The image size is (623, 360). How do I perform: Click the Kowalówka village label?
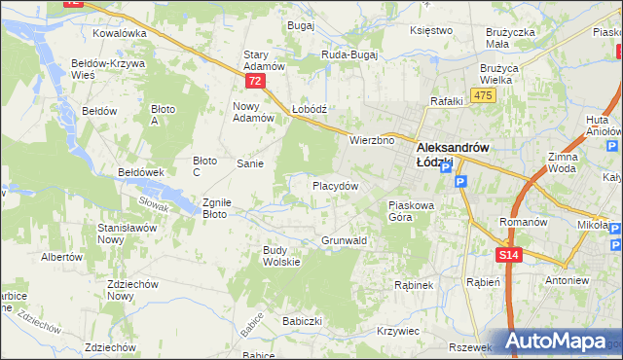click(119, 32)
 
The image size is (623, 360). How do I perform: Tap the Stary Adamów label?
click(263, 60)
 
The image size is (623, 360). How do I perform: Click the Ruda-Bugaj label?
click(348, 55)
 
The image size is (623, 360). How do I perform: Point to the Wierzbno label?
click(372, 140)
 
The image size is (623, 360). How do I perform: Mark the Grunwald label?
click(344, 239)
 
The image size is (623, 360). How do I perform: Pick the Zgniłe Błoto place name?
click(215, 208)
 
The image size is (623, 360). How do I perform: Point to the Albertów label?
click(60, 257)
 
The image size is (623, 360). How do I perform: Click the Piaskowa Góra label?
click(415, 211)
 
